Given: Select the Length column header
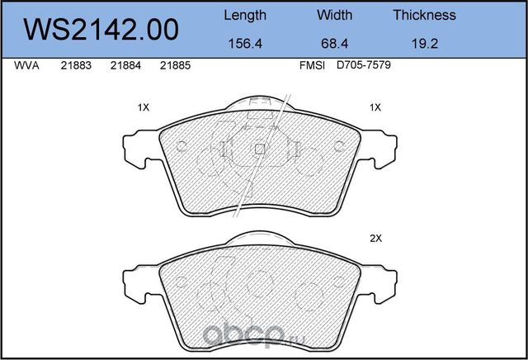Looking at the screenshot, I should click(x=245, y=15).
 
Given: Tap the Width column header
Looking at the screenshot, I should click(x=334, y=15).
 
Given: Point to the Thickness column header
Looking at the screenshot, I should click(x=424, y=15).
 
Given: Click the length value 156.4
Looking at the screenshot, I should click(x=245, y=46).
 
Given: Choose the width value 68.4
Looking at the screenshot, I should click(x=334, y=46).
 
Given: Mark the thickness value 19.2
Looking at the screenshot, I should click(x=424, y=46).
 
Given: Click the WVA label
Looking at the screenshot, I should click(x=28, y=69).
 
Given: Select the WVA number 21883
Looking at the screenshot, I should click(x=76, y=69).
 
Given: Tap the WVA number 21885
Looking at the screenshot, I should click(x=175, y=69).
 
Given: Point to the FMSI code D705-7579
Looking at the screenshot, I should click(x=363, y=69).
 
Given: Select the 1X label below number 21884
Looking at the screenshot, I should click(x=143, y=107).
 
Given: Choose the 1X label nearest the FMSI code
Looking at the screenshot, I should click(x=375, y=107).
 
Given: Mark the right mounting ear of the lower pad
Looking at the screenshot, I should click(x=383, y=281).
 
